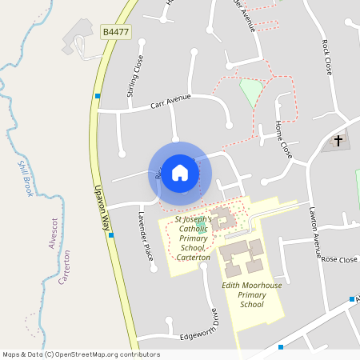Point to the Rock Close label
pyautogui.click(x=327, y=58)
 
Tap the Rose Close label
pyautogui.click(x=339, y=260)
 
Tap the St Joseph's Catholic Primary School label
pyautogui.click(x=193, y=238)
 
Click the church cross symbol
pyautogui.click(x=338, y=142)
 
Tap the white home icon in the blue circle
pyautogui.click(x=180, y=173)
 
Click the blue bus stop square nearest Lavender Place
pyautogui.click(x=111, y=235)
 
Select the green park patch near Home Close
pyautogui.click(x=251, y=91)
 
